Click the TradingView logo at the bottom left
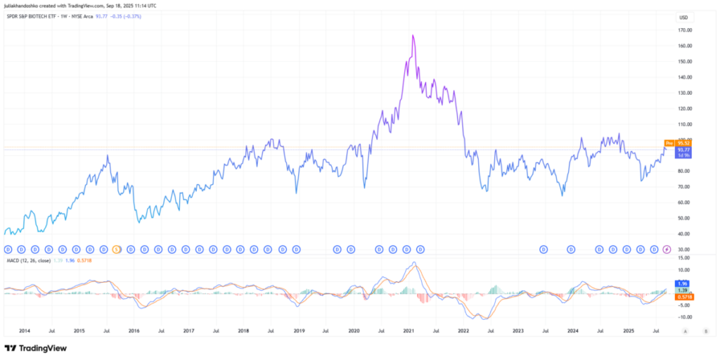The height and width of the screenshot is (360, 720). point(34,347)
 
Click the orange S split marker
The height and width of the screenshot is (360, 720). point(117,249)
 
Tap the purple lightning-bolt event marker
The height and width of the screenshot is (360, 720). point(667,249)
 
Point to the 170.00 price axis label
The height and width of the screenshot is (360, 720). point(684,30)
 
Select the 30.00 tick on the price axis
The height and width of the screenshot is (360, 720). point(683,250)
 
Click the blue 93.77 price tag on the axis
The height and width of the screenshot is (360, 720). point(682,150)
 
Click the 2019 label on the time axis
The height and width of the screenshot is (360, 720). point(299,330)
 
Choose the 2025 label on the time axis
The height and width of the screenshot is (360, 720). point(629,330)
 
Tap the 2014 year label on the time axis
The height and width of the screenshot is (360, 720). point(24,330)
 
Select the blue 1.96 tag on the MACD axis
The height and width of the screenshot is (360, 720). point(681,283)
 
